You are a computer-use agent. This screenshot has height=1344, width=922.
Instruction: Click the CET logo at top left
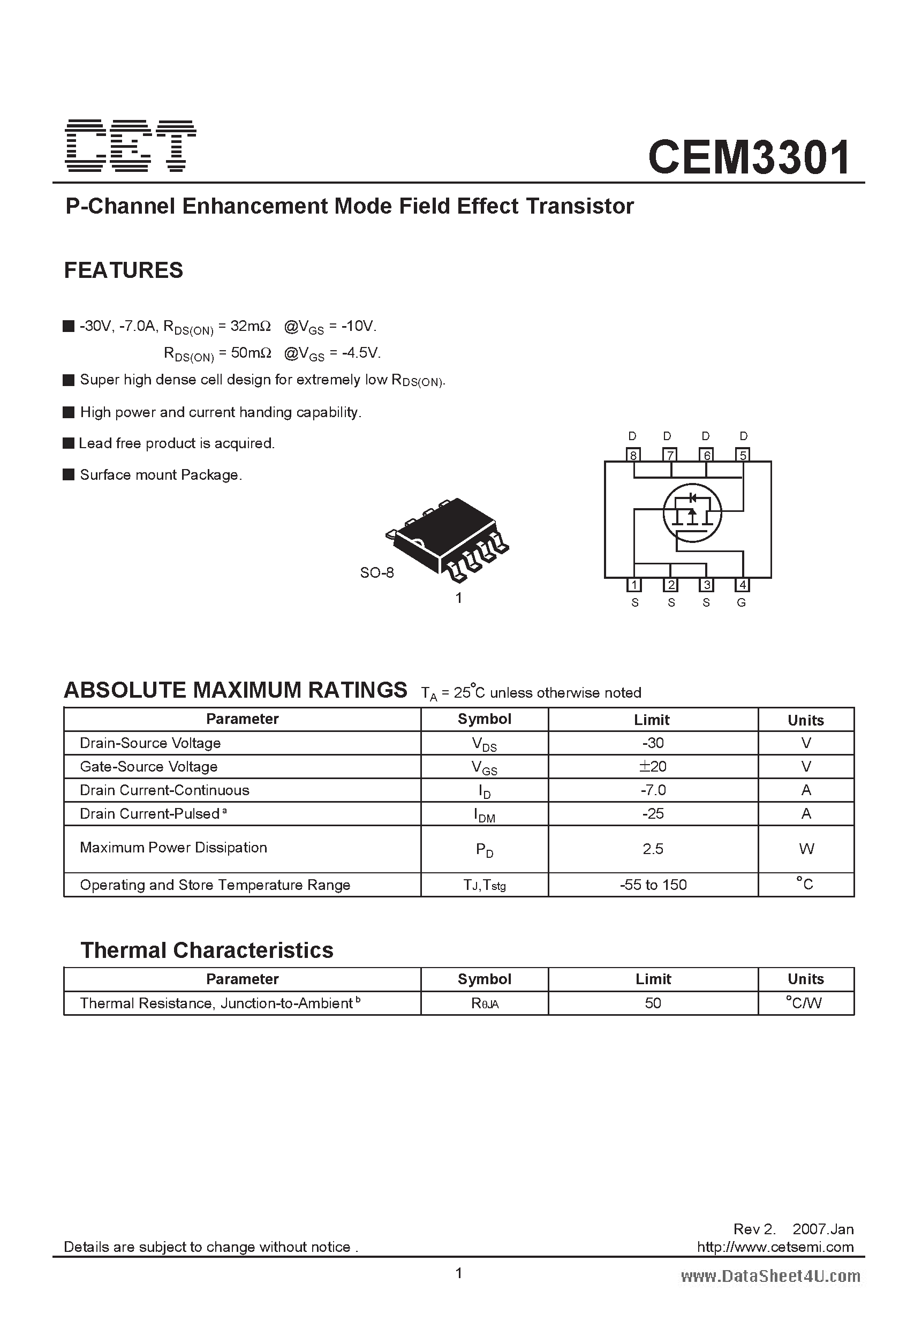131,146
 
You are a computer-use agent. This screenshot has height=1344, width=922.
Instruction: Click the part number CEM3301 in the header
750,157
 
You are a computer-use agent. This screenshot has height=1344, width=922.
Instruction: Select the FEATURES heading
123,270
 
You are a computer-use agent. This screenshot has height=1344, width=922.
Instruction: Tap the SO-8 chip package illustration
447,537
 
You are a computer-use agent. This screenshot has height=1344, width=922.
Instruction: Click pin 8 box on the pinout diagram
634,455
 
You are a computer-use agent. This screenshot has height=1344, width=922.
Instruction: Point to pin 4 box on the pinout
743,585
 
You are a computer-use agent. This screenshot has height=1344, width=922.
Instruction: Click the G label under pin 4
742,602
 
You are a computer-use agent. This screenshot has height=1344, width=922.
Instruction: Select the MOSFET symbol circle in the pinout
692,513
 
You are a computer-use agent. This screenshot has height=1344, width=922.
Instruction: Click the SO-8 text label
376,572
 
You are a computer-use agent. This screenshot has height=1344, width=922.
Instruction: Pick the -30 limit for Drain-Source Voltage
653,743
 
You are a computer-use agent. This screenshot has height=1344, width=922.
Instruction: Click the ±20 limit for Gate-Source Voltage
653,766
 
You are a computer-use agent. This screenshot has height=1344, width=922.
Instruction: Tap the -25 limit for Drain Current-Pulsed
653,813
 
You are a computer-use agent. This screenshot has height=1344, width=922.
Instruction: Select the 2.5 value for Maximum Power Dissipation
653,848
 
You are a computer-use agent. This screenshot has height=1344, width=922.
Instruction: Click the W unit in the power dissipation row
806,848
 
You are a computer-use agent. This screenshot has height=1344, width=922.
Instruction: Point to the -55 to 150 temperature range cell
653,885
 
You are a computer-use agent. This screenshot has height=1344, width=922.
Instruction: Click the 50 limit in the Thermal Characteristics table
653,1003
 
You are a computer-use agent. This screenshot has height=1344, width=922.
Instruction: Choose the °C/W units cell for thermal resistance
805,1003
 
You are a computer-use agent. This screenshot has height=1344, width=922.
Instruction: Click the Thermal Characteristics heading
207,950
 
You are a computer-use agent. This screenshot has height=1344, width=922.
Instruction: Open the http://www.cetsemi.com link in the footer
775,1247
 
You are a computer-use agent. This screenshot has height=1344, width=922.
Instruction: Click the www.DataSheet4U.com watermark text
770,1276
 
